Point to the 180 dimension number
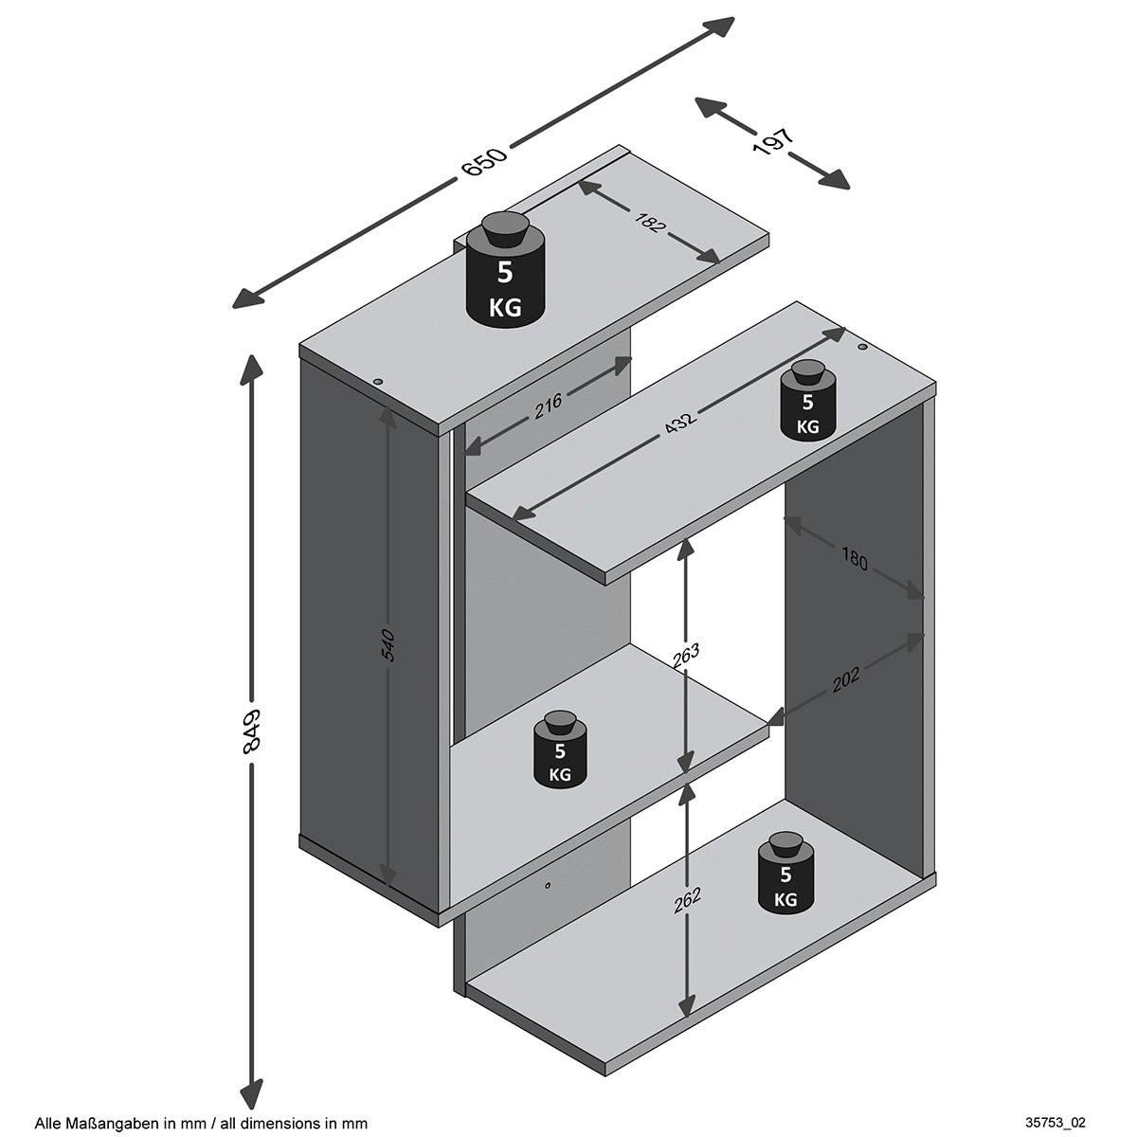(x=853, y=560)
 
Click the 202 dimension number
(x=846, y=676)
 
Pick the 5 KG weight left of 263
(x=560, y=754)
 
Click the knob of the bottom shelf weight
(x=786, y=842)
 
